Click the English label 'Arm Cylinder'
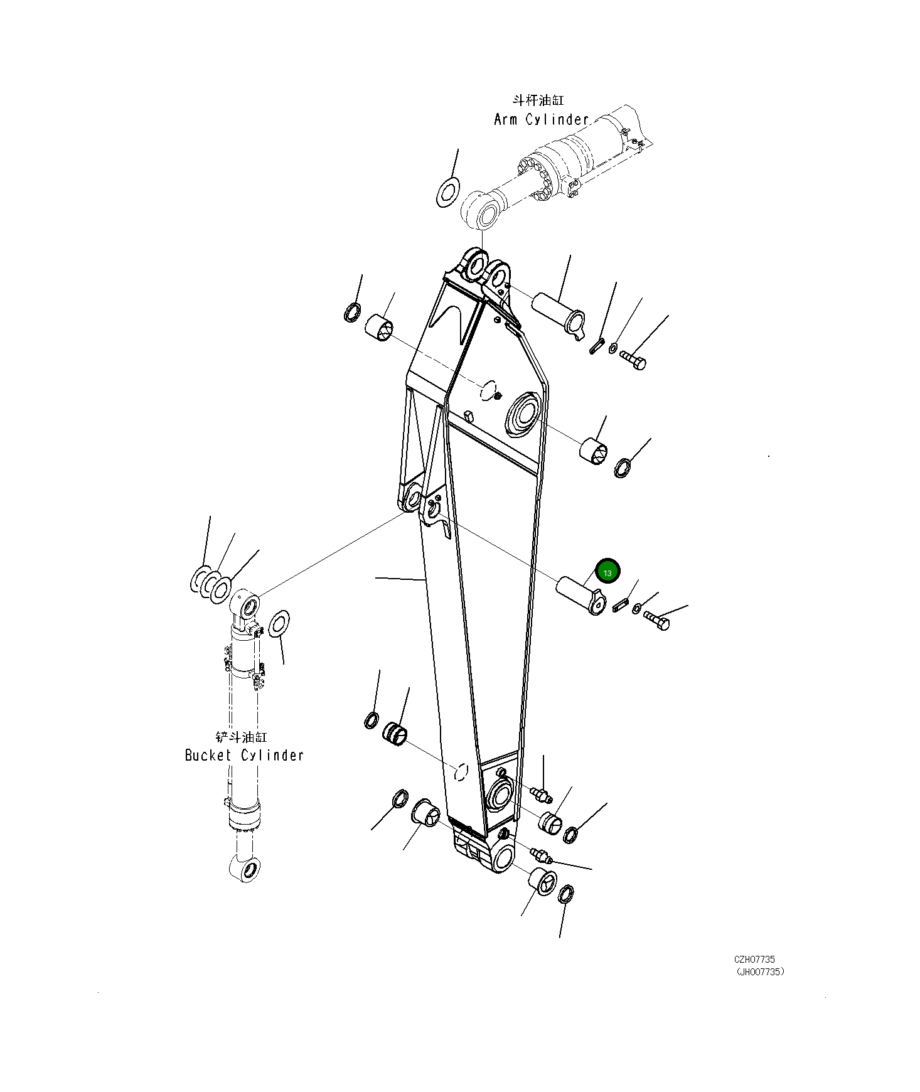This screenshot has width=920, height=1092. click(x=541, y=119)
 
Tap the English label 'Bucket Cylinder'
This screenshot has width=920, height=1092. click(x=244, y=755)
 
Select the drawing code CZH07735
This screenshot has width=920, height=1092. click(x=754, y=960)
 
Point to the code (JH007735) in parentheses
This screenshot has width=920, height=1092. click(x=760, y=972)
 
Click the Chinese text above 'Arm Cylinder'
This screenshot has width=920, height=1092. click(x=538, y=100)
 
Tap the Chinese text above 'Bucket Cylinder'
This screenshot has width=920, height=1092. click(x=241, y=737)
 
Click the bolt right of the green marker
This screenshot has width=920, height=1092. click(x=656, y=621)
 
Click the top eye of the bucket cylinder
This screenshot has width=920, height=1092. click(x=245, y=605)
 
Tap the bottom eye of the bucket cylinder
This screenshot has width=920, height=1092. click(x=245, y=869)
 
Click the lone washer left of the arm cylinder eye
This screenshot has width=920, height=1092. click(x=448, y=192)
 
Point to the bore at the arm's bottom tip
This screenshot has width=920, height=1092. click(x=503, y=859)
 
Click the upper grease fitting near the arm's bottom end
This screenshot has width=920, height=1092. click(x=540, y=795)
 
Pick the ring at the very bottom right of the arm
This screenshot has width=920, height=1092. click(x=565, y=894)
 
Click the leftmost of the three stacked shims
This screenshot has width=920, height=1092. click(x=201, y=579)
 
